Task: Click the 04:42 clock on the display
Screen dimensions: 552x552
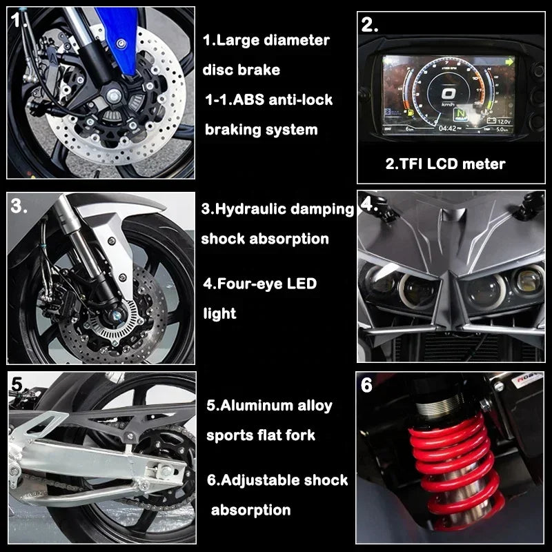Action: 447,128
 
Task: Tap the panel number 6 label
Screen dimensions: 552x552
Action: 366,385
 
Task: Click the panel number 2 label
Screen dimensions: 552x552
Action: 370,25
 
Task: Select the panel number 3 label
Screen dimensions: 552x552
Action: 19,205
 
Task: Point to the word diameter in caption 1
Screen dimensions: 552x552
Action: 299,40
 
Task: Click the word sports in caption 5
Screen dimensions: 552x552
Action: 232,435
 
